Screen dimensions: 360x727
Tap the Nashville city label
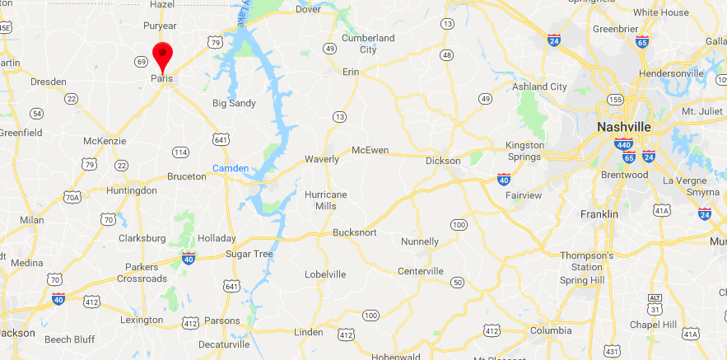624,127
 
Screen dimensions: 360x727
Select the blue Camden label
231,168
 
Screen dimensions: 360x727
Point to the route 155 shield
614,99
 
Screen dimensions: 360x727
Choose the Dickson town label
443,161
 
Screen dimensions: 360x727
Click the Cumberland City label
369,44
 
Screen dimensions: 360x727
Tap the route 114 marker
180,152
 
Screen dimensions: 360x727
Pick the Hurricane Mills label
326,200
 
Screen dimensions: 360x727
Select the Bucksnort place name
355,233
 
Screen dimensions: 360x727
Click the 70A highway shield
72,197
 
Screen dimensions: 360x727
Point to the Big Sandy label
234,103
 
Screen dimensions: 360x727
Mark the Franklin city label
599,214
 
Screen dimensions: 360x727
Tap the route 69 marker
142,61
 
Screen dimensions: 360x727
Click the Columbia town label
551,330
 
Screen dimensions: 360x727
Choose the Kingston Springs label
524,151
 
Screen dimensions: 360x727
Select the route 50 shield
456,283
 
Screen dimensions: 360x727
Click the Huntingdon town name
132,190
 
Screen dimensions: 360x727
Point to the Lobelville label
325,274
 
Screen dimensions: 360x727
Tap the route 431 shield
613,351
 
